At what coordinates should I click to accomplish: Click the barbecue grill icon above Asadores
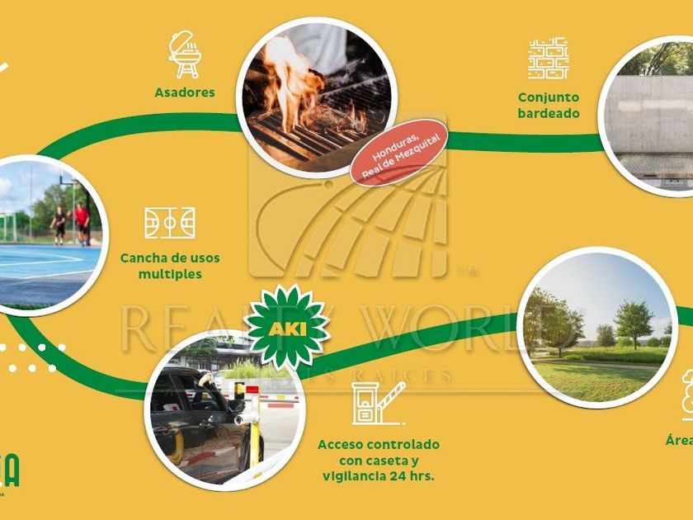tap(184, 54)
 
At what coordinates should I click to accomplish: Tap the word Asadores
tap(185, 92)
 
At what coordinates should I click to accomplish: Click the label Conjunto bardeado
tap(549, 106)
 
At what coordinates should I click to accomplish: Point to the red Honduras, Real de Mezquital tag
tap(398, 151)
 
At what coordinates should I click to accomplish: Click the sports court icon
tap(170, 223)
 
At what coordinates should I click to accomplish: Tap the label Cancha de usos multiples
tap(170, 266)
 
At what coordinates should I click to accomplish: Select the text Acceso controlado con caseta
tap(379, 452)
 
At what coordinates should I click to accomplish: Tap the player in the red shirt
tap(82, 223)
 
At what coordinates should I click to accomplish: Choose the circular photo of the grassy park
tap(597, 327)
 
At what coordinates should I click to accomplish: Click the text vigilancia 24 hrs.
tap(379, 476)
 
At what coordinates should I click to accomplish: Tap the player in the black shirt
tap(59, 224)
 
